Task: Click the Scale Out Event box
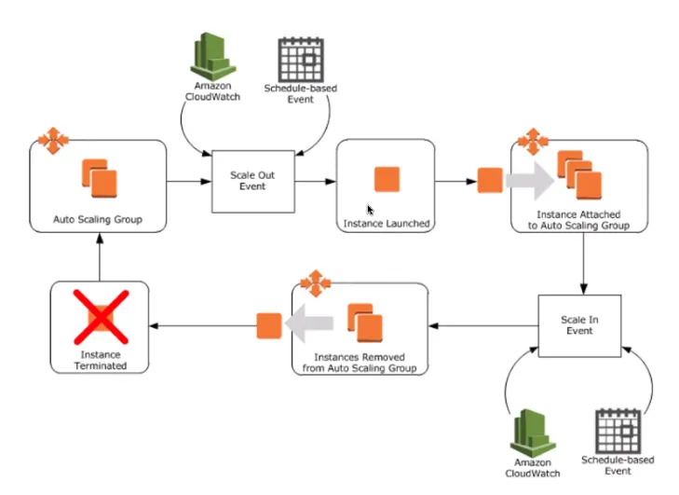pos(252,180)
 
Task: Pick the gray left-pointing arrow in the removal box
pos(310,325)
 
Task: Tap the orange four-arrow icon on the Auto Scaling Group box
pos(54,142)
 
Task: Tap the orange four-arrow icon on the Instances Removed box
pos(315,281)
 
